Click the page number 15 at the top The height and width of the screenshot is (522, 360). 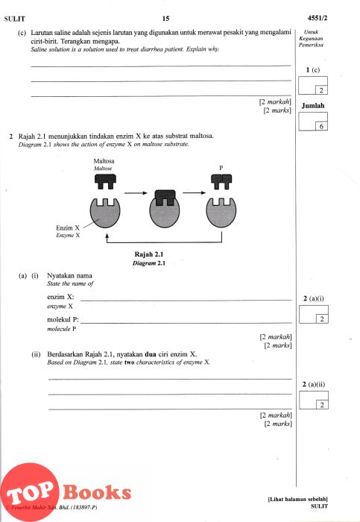(165, 19)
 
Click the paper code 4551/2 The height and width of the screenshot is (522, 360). (317, 18)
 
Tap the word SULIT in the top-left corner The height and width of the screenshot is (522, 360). (15, 19)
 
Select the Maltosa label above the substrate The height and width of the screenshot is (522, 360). (104, 161)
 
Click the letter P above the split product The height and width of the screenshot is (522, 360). (221, 168)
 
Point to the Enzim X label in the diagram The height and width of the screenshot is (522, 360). (68, 228)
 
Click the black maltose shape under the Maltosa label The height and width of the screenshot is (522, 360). (105, 181)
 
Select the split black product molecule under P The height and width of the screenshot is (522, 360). (221, 182)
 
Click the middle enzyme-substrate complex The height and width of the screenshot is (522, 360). (165, 209)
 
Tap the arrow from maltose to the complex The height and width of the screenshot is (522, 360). (136, 192)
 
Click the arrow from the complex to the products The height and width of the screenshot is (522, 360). (195, 192)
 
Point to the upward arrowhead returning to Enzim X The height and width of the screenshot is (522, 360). (107, 236)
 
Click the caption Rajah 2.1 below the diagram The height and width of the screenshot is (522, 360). (149, 254)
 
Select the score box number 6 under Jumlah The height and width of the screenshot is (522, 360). (321, 127)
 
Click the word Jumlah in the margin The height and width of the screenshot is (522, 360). (313, 106)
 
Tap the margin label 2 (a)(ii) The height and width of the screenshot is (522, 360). (314, 385)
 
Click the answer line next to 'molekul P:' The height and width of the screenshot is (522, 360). (186, 323)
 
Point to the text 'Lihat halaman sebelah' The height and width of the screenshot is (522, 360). (298, 500)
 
